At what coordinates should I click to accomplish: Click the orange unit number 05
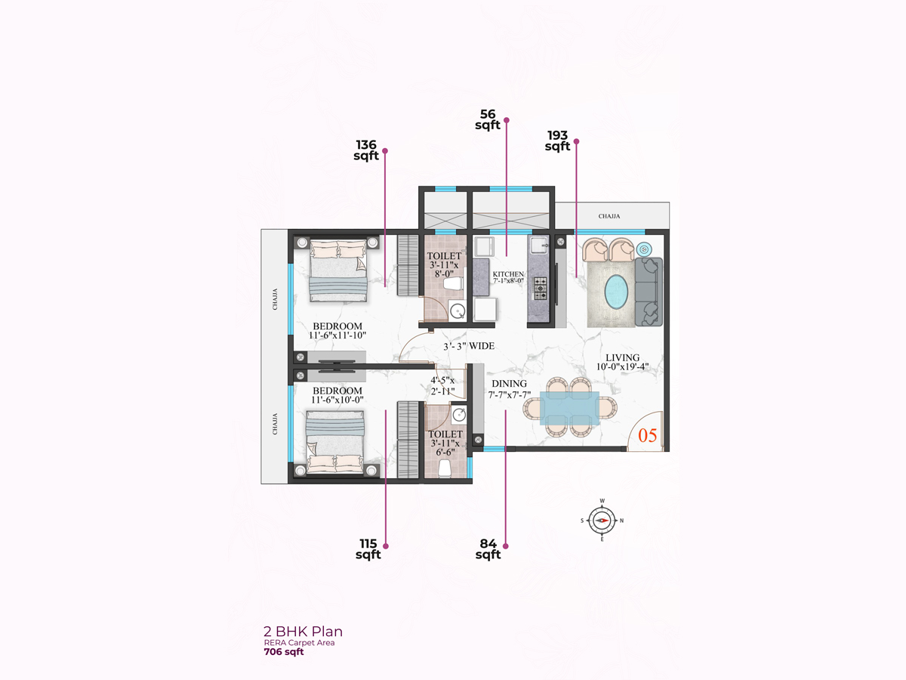(x=647, y=436)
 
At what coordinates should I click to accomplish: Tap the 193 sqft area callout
(x=557, y=141)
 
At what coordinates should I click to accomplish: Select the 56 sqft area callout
(x=488, y=119)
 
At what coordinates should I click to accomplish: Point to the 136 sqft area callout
(x=366, y=150)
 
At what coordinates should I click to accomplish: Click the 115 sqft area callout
(x=368, y=549)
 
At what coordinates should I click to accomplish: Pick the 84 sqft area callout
(x=488, y=549)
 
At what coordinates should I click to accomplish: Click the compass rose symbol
(x=602, y=521)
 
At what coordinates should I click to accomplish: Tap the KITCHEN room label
(x=508, y=274)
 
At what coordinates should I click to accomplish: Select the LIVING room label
(x=622, y=357)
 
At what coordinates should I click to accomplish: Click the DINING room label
(x=509, y=384)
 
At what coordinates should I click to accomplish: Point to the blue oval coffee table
(x=616, y=292)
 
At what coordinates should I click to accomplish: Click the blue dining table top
(x=569, y=408)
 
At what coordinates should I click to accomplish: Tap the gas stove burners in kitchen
(x=541, y=288)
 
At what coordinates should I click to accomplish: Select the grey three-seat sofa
(x=649, y=292)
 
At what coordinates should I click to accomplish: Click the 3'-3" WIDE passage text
(x=469, y=346)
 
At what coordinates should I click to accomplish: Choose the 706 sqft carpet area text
(x=284, y=651)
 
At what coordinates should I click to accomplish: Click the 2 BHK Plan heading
(x=303, y=632)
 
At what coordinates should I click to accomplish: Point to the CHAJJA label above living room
(x=609, y=216)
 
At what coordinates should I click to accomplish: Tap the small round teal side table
(x=644, y=249)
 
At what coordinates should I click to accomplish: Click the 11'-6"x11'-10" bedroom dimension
(x=337, y=335)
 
